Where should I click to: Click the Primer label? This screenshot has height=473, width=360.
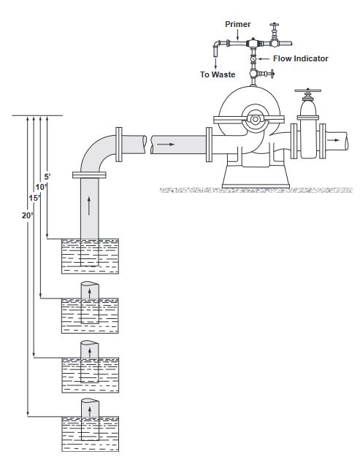(238, 24)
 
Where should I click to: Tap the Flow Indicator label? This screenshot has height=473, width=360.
(301, 58)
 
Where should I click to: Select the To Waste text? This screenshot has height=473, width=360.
(218, 74)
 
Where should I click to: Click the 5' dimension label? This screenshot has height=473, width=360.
(47, 177)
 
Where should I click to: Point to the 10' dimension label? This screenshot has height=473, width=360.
(41, 187)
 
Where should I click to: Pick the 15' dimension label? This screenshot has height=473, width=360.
(34, 198)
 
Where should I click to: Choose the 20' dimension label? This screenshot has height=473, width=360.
(28, 215)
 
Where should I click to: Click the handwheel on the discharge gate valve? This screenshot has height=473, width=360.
(308, 91)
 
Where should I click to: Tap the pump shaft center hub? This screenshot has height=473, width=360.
(256, 119)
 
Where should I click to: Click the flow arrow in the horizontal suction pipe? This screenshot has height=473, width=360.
(166, 145)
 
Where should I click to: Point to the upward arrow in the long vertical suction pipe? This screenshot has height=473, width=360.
(88, 205)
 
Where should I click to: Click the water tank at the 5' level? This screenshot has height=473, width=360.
(91, 256)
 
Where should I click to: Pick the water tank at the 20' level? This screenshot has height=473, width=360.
(91, 434)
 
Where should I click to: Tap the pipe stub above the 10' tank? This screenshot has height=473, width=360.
(90, 291)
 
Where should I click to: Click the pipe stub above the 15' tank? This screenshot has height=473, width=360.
(90, 350)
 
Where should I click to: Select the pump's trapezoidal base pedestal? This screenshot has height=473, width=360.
(256, 177)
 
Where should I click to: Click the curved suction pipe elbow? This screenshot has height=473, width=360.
(96, 153)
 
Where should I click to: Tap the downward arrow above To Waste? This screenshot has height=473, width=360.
(215, 63)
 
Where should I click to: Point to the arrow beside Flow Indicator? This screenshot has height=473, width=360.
(264, 58)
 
